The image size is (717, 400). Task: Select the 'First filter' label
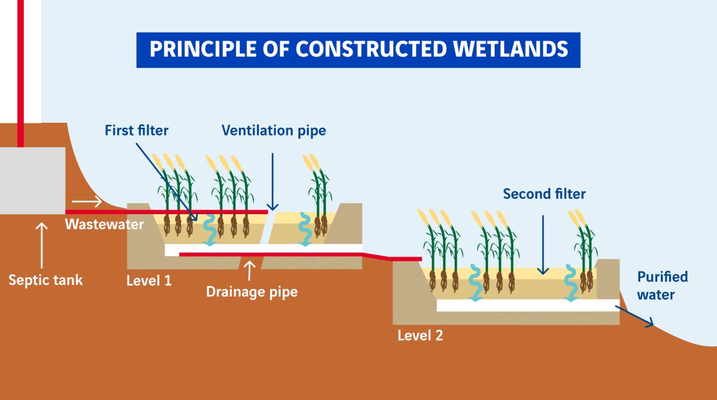click(137, 130)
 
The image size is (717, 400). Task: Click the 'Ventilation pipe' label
click(274, 130)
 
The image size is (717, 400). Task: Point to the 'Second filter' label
click(544, 194)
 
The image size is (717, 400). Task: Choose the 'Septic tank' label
click(46, 280)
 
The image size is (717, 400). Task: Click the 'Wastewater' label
click(105, 224)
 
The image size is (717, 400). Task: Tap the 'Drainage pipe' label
click(252, 292)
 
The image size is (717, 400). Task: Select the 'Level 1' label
click(149, 280)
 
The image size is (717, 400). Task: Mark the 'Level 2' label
click(420, 336)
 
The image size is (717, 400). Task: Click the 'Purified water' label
click(662, 286)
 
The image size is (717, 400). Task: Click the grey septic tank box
click(32, 180)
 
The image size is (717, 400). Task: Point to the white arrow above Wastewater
click(87, 202)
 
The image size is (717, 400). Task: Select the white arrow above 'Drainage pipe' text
click(249, 270)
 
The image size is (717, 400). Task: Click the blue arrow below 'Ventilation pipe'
click(273, 181)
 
